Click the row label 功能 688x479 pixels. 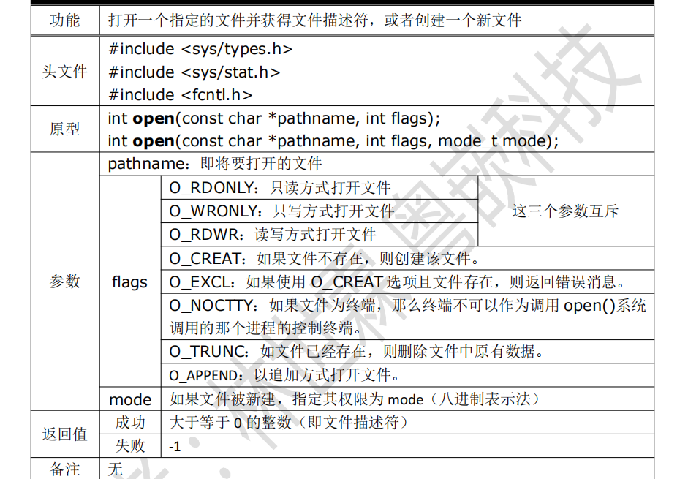(x=64, y=20)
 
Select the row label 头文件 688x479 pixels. (x=64, y=72)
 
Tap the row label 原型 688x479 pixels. (x=64, y=129)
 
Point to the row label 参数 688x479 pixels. (x=64, y=282)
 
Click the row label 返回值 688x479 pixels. (x=64, y=434)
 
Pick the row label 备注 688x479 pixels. (x=64, y=469)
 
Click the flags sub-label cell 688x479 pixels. (x=129, y=282)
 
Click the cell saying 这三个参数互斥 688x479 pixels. (x=565, y=211)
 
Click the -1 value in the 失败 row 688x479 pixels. (x=175, y=445)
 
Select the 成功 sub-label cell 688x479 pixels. (x=129, y=422)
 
